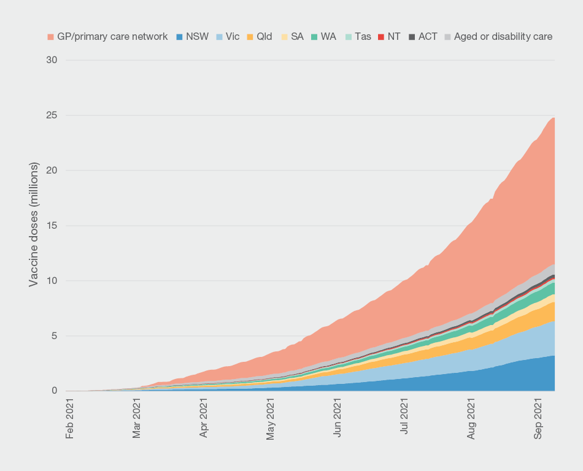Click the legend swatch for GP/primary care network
click(x=50, y=37)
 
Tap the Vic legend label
click(x=233, y=37)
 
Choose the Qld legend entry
click(x=264, y=37)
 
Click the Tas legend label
click(x=363, y=37)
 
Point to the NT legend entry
click(x=394, y=37)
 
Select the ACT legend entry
click(x=428, y=37)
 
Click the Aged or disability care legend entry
click(x=503, y=37)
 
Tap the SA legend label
click(x=297, y=37)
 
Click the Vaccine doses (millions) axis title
click(x=34, y=224)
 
